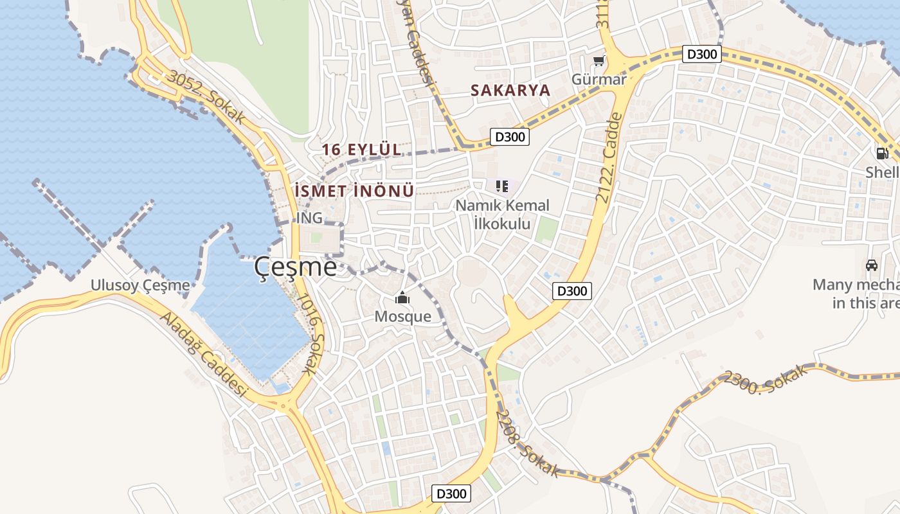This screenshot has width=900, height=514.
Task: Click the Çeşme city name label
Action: (295, 267)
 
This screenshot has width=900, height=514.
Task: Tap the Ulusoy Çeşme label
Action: (140, 285)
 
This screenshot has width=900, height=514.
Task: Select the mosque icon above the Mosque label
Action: (402, 298)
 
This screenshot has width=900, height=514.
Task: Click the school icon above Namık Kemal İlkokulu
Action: (502, 187)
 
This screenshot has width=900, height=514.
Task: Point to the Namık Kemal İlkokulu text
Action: (502, 215)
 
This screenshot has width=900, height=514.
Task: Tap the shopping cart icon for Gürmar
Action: (598, 61)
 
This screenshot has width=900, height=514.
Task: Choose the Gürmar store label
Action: (599, 80)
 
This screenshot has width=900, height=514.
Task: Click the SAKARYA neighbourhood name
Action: (510, 91)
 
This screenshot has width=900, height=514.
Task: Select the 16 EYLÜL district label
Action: (361, 150)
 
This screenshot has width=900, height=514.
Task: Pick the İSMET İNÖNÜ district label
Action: (354, 191)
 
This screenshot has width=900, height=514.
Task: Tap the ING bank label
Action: (309, 218)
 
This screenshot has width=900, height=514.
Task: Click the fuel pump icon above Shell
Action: (882, 154)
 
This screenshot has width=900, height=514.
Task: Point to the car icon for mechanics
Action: (872, 265)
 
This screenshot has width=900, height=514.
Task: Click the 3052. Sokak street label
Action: (206, 97)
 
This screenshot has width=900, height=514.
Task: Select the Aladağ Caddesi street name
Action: (204, 355)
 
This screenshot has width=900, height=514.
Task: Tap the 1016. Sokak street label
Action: (312, 334)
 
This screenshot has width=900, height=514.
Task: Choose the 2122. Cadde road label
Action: (609, 157)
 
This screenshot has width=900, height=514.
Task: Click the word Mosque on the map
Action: (402, 317)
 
